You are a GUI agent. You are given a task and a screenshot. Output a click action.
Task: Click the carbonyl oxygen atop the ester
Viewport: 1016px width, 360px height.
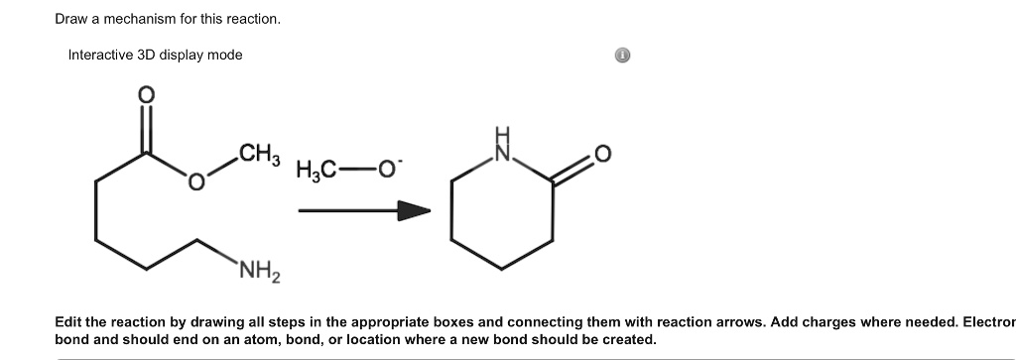tap(146, 95)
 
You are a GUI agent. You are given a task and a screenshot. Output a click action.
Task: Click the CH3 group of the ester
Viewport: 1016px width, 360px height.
tap(260, 155)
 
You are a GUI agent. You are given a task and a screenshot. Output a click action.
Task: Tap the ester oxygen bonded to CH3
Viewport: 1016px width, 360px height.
tap(196, 182)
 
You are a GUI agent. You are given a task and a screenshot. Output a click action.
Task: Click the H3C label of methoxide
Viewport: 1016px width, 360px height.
tap(315, 171)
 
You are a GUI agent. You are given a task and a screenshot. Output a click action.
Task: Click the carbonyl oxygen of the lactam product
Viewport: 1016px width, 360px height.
tap(602, 155)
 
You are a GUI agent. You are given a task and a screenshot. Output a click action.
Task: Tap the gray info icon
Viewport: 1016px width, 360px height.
tap(621, 56)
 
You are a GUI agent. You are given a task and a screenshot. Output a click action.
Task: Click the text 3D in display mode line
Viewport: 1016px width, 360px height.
tap(151, 55)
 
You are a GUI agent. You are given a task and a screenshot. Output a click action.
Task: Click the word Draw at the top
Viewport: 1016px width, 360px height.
tap(71, 20)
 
